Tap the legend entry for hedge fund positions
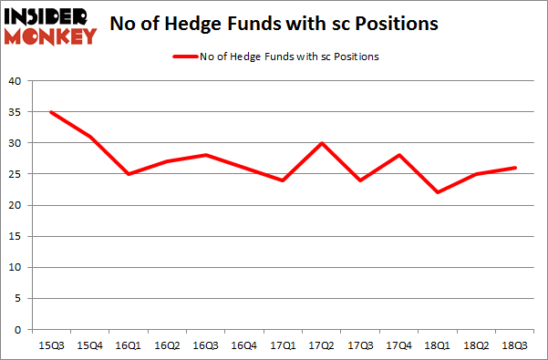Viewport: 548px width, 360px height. (276, 57)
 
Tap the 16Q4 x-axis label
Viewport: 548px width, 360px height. (242, 345)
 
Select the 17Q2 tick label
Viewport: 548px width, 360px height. (320, 345)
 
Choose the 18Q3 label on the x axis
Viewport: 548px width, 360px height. (516, 345)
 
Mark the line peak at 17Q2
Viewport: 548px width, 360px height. (320, 143)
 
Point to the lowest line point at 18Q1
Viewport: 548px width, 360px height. (438, 192)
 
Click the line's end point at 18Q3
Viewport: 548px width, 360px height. (516, 168)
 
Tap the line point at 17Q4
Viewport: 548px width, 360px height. (398, 155)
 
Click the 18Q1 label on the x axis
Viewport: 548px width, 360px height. (438, 345)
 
